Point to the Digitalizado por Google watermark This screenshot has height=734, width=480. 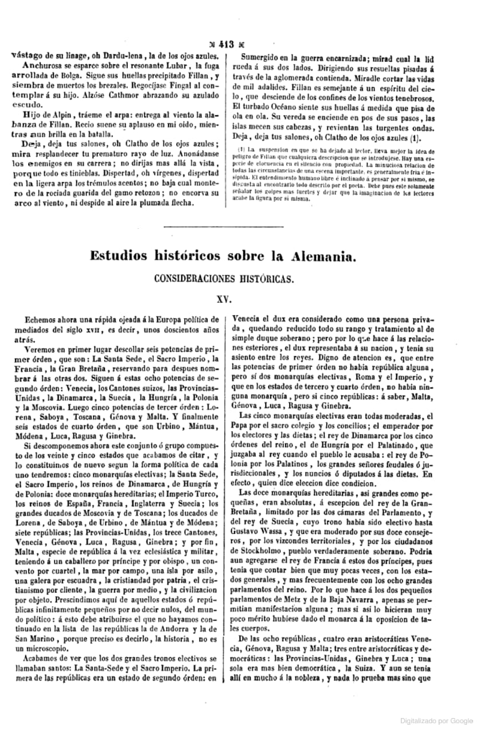click(436, 720)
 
